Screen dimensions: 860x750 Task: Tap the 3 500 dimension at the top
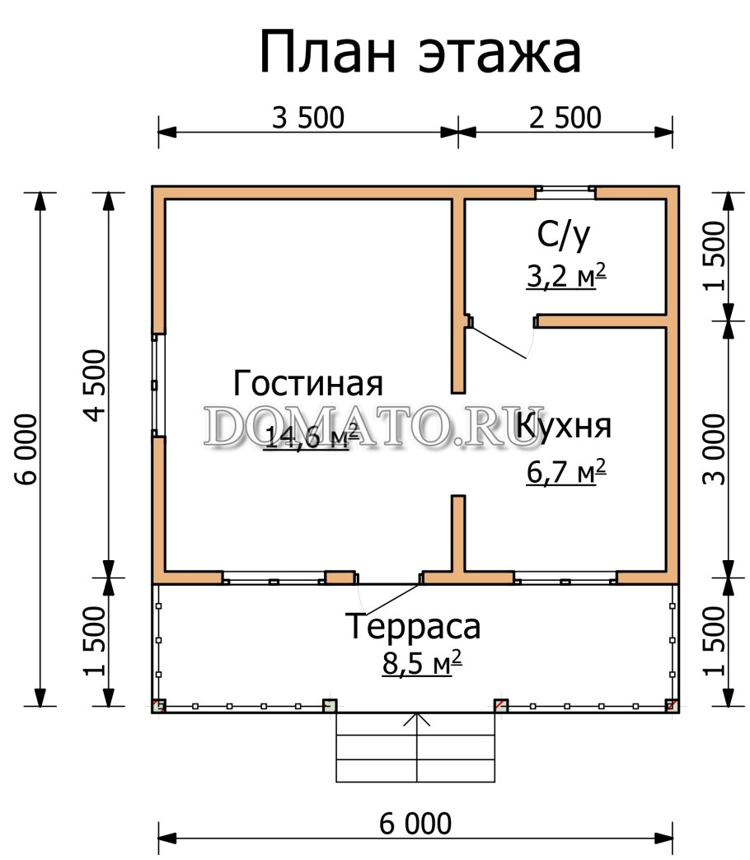click(307, 119)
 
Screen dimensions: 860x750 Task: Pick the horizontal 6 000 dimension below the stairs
click(415, 823)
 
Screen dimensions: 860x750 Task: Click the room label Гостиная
click(308, 384)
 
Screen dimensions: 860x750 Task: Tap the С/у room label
click(564, 236)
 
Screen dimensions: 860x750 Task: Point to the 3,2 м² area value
click(566, 277)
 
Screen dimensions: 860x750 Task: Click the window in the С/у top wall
click(565, 193)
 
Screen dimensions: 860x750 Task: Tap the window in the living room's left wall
click(157, 385)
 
